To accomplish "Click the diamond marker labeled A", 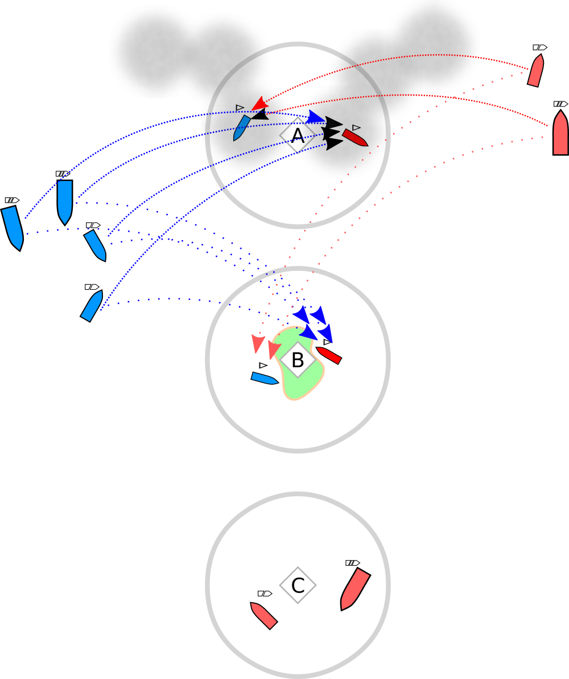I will [x=297, y=136].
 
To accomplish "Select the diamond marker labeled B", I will [x=297, y=360].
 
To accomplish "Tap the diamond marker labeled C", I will [x=297, y=585].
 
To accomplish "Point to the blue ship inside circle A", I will [x=242, y=127].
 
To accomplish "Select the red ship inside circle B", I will [x=329, y=355].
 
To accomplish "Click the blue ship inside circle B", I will [x=265, y=378].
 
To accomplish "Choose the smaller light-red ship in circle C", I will [x=264, y=615].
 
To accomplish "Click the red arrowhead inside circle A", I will [x=259, y=103].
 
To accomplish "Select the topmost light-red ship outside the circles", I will [x=536, y=71].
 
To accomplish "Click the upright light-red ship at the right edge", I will [x=560, y=133].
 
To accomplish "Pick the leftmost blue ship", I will [x=13, y=227].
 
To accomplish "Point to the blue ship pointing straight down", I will [x=65, y=201].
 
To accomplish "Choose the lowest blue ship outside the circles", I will [x=92, y=306].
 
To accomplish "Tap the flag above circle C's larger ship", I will [x=352, y=563].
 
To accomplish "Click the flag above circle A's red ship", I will [x=356, y=127].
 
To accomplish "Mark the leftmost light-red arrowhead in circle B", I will [x=258, y=343].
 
